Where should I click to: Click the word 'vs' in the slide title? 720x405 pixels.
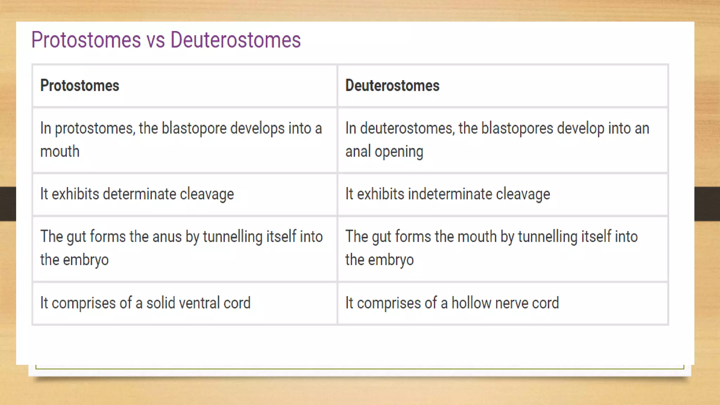(x=155, y=40)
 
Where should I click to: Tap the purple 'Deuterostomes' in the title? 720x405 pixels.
(x=236, y=40)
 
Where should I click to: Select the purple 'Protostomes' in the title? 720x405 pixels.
(x=86, y=40)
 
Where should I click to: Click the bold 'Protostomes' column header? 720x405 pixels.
(x=80, y=85)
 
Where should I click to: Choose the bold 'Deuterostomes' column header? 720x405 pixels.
(x=392, y=85)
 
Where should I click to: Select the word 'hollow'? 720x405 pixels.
(x=471, y=303)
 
